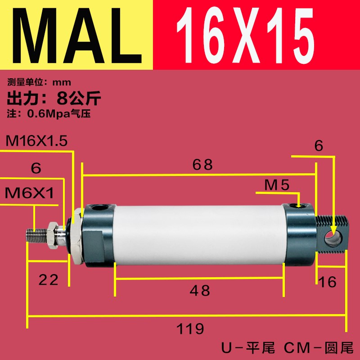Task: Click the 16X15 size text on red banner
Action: coord(245,35)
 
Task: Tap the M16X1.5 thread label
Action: coord(36,141)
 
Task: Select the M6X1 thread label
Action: coord(29,193)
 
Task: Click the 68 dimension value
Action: coord(202,165)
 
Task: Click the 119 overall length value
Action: coord(190,328)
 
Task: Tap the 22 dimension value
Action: coord(48,280)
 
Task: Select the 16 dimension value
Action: coord(327,282)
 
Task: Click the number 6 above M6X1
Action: coord(36,168)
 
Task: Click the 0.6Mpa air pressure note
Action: coord(49,114)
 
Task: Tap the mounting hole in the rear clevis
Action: coord(333,236)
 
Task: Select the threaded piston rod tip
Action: coord(38,234)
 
